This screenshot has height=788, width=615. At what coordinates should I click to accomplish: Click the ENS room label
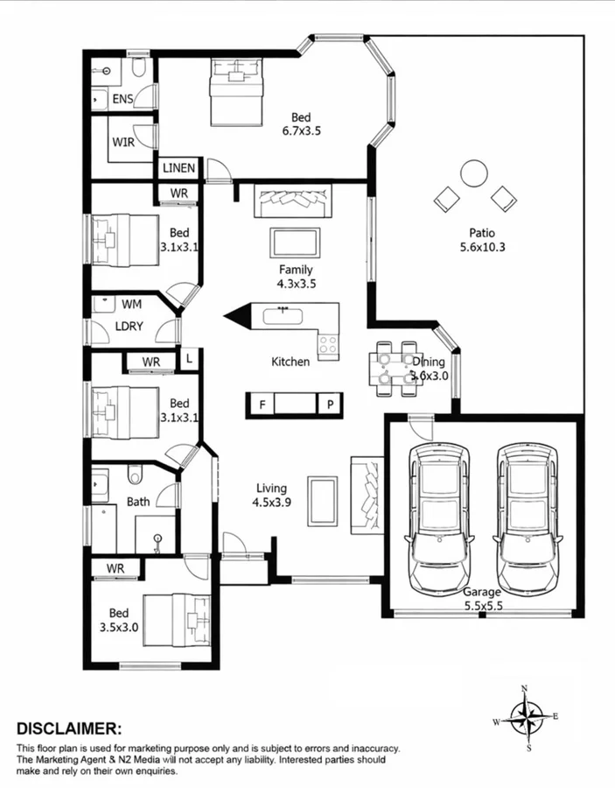click(122, 99)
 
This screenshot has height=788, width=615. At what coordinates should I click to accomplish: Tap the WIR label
click(123, 143)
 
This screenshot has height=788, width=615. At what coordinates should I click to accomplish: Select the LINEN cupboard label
click(179, 167)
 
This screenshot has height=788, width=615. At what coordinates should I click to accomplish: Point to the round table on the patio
click(473, 172)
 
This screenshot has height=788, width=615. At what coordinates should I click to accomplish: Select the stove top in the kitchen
click(329, 346)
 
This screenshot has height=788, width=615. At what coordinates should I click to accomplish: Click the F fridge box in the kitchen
click(261, 404)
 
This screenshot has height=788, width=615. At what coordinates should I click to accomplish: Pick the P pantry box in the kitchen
click(331, 404)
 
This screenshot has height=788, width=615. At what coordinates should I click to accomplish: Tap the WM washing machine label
click(131, 304)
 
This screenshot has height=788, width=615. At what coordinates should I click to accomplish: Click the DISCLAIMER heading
click(69, 728)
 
